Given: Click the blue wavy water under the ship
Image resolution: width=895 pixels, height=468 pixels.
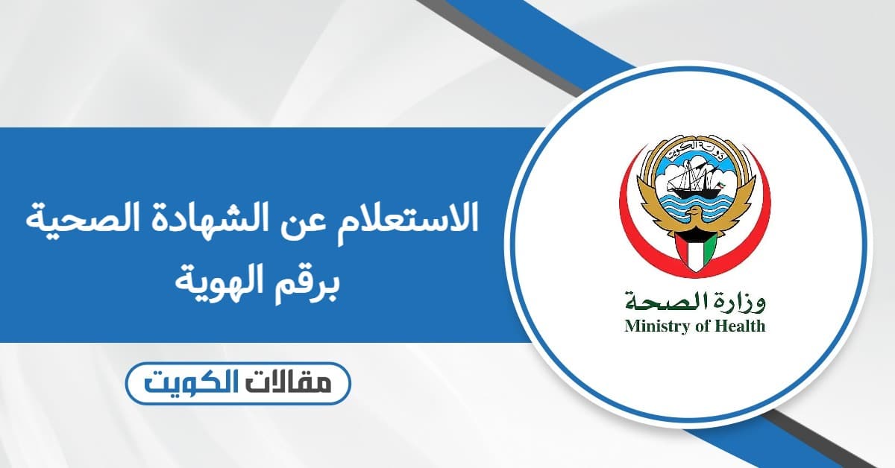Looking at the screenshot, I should (695, 203).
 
